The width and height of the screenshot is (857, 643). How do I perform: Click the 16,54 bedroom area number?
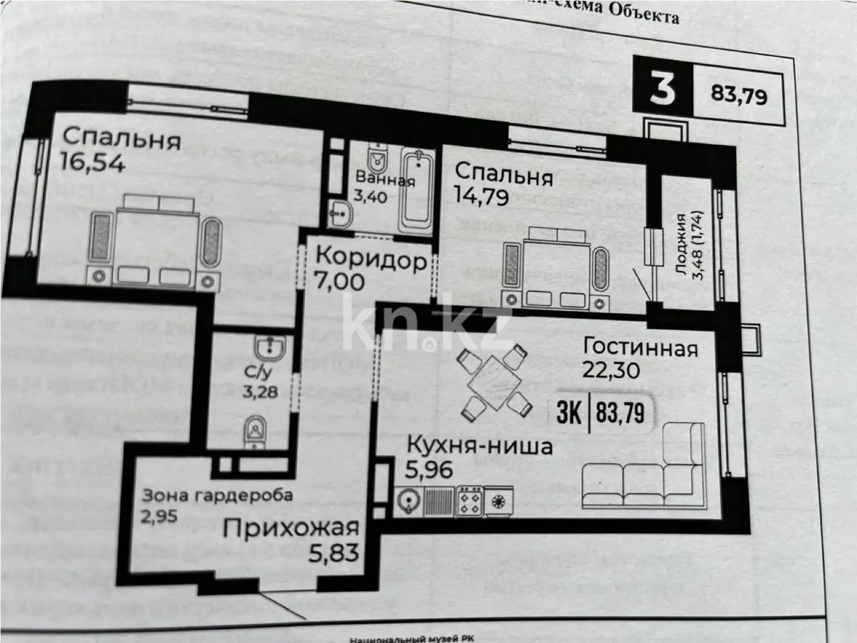pos(94,164)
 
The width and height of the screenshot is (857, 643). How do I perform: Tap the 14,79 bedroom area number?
pos(481,196)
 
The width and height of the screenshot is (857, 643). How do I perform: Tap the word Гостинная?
pos(640,349)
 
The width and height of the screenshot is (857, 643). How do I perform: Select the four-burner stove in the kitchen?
pos(469,500)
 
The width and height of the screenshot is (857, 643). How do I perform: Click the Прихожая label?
pos(290,529)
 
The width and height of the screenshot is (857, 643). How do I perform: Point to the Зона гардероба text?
pos(217,495)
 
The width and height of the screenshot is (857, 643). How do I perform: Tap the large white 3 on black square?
pos(663,91)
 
